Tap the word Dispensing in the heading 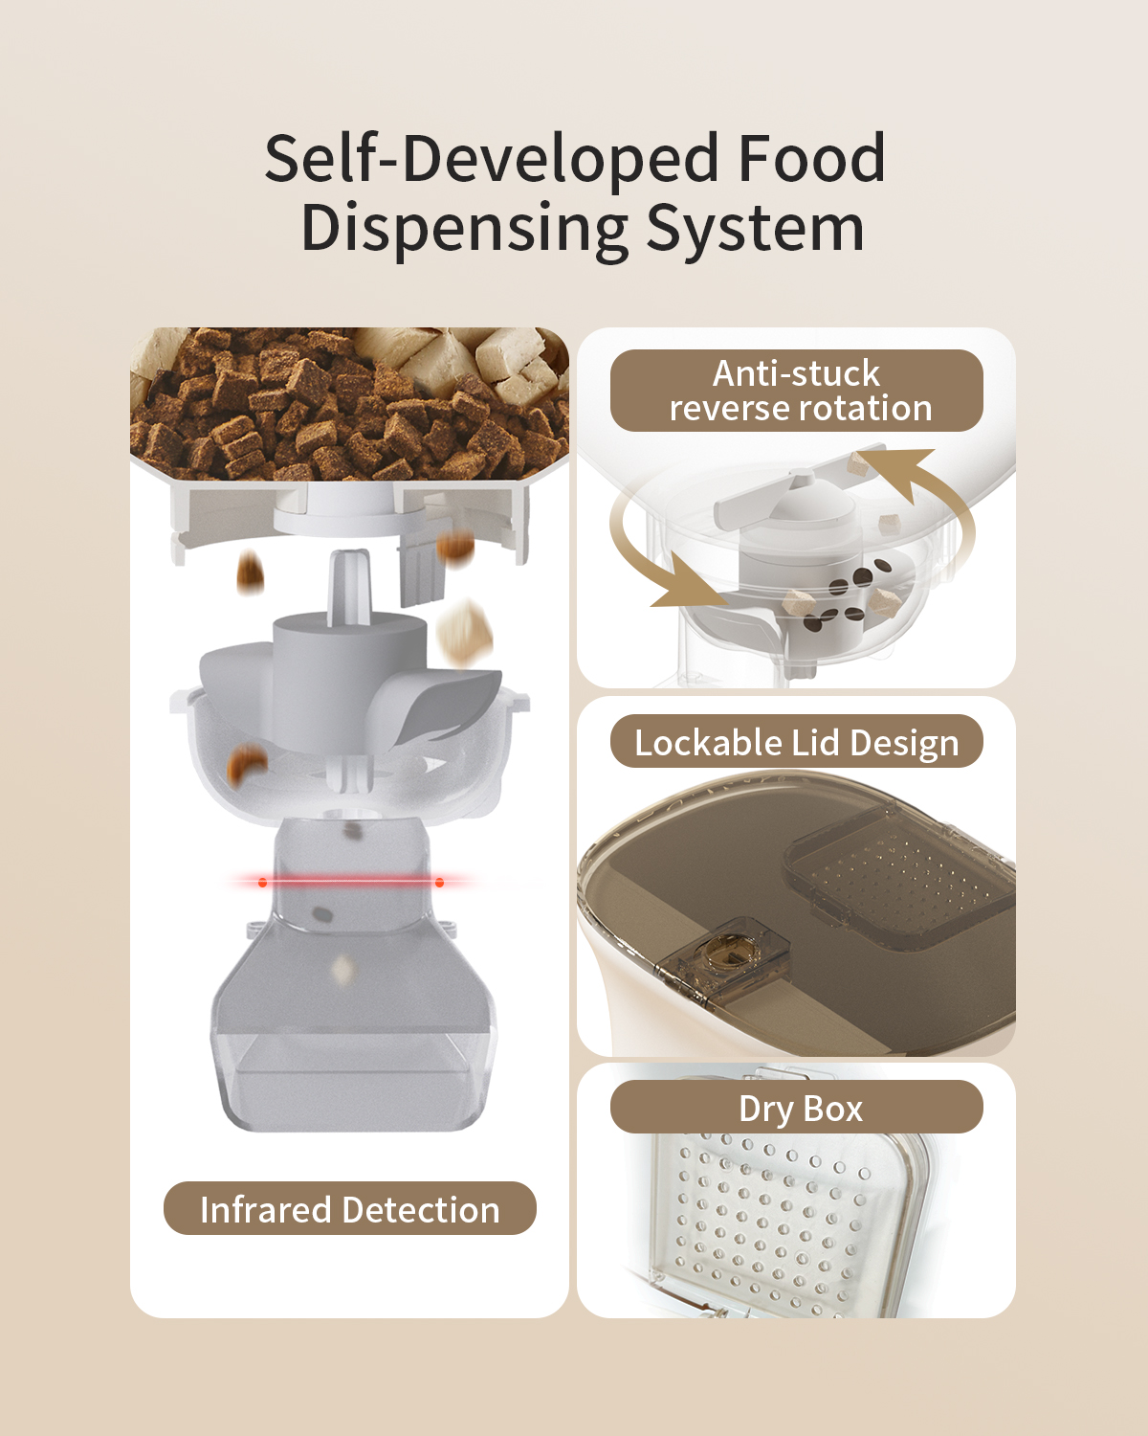tap(464, 229)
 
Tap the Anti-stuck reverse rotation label tap(797, 391)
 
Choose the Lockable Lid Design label tap(797, 741)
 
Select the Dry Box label tap(797, 1109)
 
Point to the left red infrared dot tap(262, 883)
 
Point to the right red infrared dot tap(440, 883)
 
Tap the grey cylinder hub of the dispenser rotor tap(349, 674)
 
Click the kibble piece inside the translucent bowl tap(246, 764)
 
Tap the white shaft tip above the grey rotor tap(349, 585)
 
